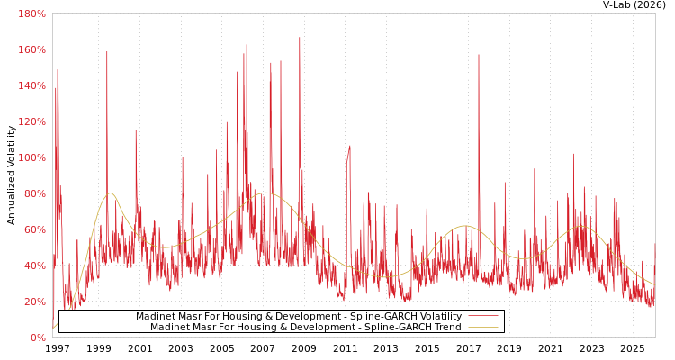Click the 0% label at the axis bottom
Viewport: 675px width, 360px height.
click(x=38, y=337)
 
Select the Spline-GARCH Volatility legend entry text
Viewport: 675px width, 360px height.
click(x=299, y=317)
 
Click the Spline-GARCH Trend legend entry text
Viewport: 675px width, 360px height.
click(x=306, y=328)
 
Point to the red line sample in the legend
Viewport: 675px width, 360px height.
click(x=482, y=317)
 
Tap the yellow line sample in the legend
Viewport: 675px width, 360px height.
click(x=482, y=328)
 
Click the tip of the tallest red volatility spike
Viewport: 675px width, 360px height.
click(x=300, y=38)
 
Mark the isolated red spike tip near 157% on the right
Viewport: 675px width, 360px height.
click(x=479, y=55)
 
